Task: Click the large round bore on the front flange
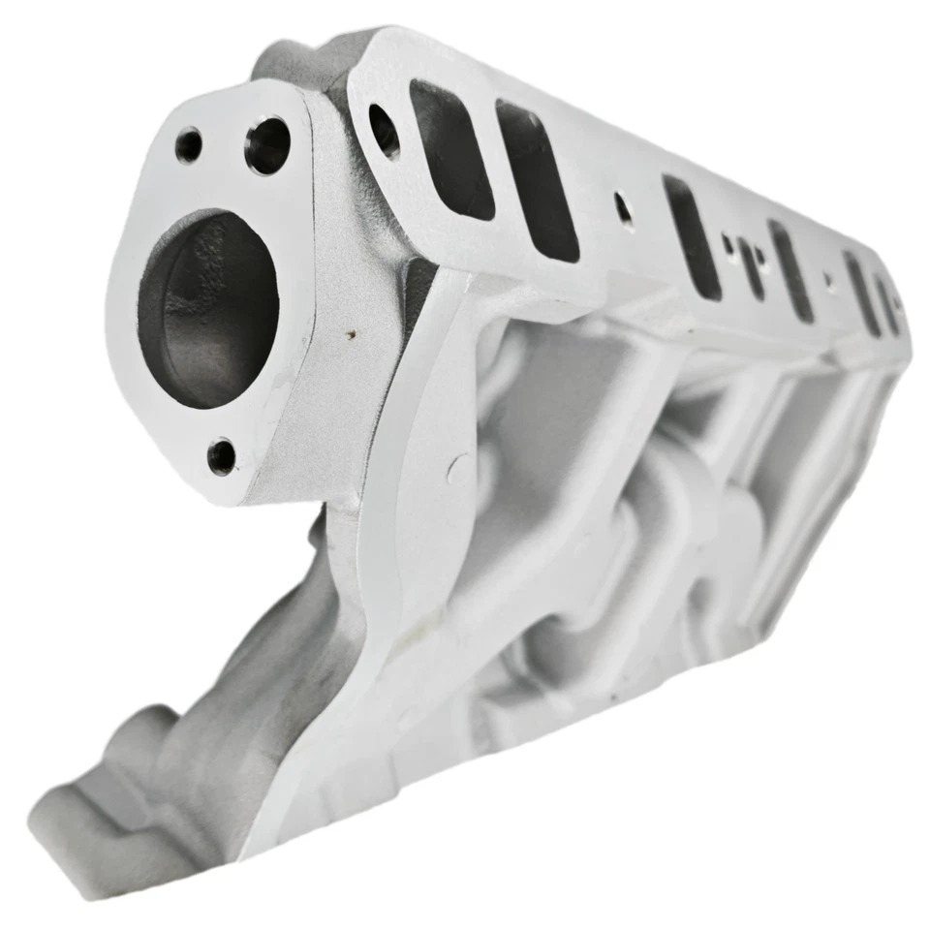(207, 309)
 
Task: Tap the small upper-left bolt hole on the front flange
(188, 145)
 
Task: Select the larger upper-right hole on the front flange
(267, 145)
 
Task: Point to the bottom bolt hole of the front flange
(222, 455)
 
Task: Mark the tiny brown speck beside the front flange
(352, 336)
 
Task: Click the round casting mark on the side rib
(459, 470)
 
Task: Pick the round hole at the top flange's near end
(384, 131)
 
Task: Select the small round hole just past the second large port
(623, 209)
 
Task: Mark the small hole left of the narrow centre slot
(728, 242)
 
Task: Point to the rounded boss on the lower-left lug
(145, 731)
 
